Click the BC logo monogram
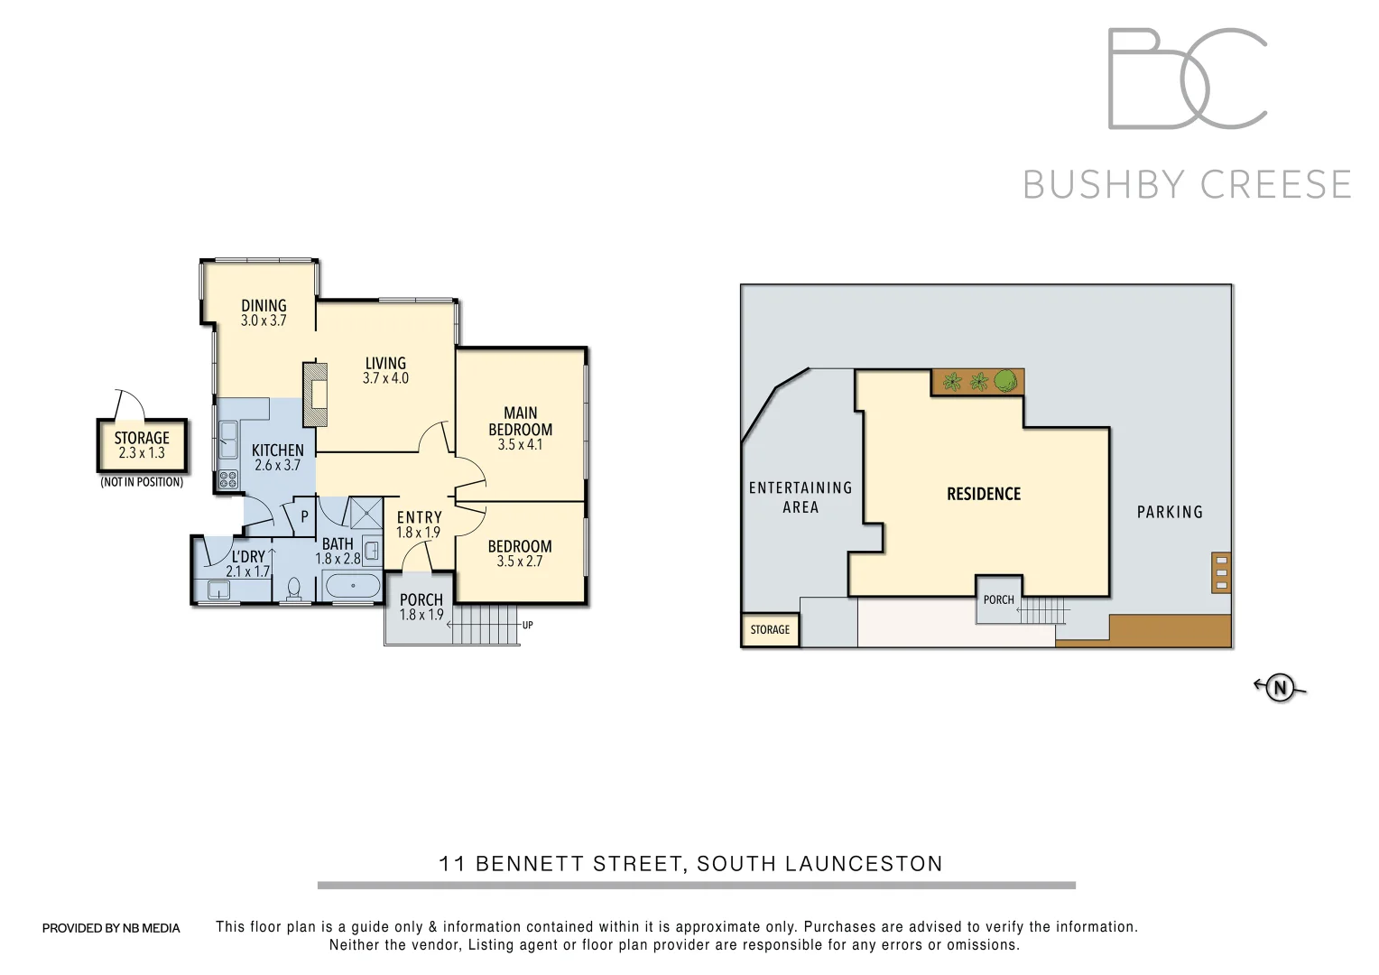point(1187,79)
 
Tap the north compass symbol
point(1280,688)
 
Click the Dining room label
point(264,306)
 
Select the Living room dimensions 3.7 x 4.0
point(385,378)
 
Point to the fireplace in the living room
point(316,395)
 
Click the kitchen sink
point(227,441)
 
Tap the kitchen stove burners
point(228,479)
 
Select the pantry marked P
point(304,517)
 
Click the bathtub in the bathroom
point(352,586)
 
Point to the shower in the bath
point(366,513)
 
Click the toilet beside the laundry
point(293,589)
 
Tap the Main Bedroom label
point(520,422)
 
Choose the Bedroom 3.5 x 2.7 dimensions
point(520,562)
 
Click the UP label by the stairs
point(528,625)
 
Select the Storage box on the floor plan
point(142,446)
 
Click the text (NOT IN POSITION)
point(142,482)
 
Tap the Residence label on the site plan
point(983,494)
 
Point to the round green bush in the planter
point(1006,381)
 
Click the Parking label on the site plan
point(1170,512)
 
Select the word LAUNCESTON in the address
point(864,864)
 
